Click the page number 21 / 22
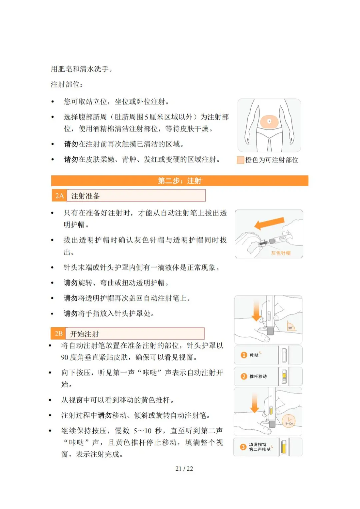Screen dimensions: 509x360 [x=184, y=469]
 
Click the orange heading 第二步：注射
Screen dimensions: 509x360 [x=179, y=181]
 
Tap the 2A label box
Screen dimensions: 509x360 [x=59, y=196]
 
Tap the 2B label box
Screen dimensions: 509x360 [x=59, y=334]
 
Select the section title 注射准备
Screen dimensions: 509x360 [x=85, y=196]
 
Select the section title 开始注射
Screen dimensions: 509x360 [x=84, y=334]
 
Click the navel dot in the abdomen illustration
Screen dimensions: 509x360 [x=269, y=121]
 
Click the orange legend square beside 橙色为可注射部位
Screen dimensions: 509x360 [x=240, y=160]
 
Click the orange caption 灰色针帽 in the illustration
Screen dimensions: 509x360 [x=281, y=253]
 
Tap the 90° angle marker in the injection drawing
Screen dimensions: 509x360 [x=290, y=328]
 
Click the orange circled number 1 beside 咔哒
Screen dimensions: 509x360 [x=244, y=355]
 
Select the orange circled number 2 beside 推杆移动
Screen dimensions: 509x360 [x=244, y=376]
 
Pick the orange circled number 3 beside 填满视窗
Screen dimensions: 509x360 [x=243, y=447]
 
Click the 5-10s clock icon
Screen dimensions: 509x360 [x=289, y=421]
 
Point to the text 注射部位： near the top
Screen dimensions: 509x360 [x=67, y=84]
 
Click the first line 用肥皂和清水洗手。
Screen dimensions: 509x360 [x=82, y=69]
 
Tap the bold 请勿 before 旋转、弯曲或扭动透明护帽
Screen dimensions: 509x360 [x=71, y=283]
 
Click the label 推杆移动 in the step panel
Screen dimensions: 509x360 [x=258, y=377]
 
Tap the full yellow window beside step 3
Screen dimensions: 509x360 [x=284, y=447]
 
